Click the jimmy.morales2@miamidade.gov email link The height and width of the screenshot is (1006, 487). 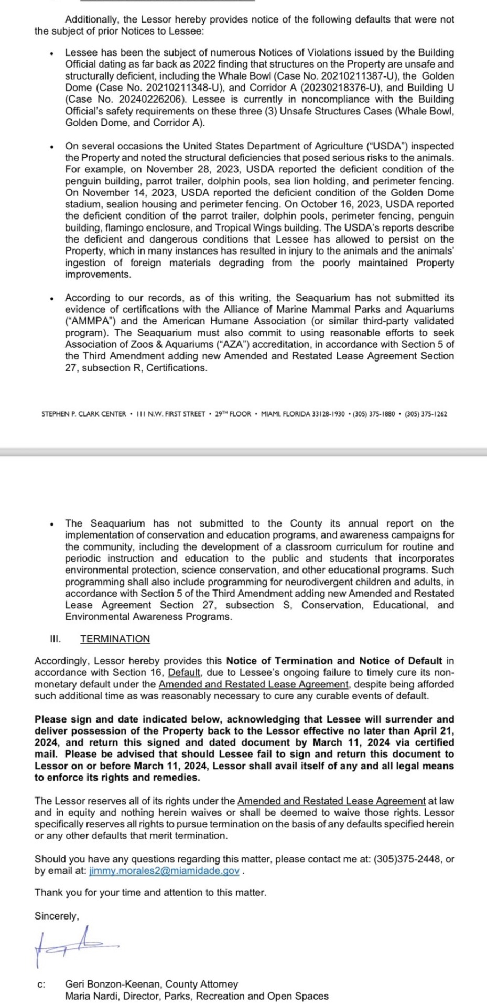coord(165,871)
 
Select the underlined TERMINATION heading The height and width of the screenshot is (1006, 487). coord(115,639)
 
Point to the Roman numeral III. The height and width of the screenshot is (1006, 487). coord(55,639)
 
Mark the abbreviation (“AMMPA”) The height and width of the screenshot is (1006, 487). coord(91,321)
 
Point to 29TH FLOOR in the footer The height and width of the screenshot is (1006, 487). coord(233,414)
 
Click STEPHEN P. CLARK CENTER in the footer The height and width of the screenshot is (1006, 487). coord(83,414)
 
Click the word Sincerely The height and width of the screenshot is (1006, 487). coord(57,916)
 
